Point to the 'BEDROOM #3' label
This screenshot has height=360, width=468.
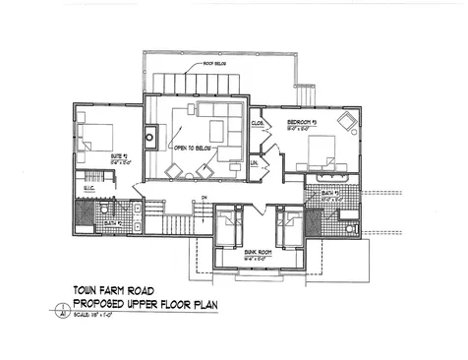click(x=301, y=122)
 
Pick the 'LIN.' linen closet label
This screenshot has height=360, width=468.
click(x=254, y=162)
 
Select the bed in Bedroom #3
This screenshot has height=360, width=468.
click(x=322, y=154)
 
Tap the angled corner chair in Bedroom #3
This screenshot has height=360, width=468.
click(x=347, y=122)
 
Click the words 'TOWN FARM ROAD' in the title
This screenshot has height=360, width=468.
click(x=114, y=290)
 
